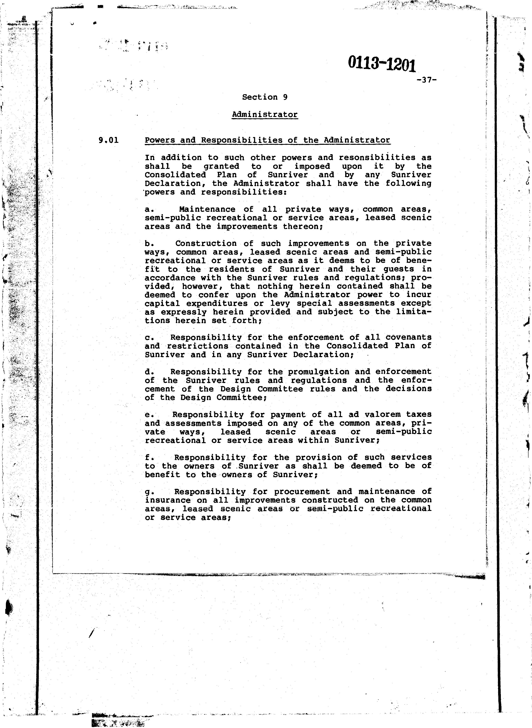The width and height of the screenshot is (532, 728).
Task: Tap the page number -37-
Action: point(426,80)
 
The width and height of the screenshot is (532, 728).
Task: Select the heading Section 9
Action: point(265,97)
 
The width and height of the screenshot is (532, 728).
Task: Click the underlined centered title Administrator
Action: point(265,115)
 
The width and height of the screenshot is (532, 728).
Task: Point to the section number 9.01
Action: point(109,140)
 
